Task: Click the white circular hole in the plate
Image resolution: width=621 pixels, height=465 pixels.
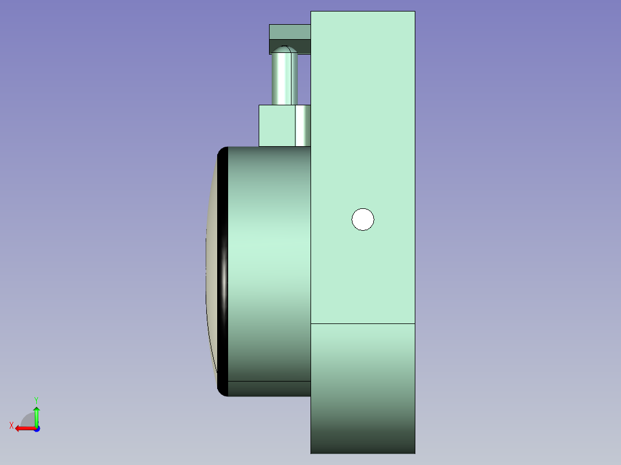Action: point(363,219)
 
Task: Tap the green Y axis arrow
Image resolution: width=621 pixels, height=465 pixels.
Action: point(36,416)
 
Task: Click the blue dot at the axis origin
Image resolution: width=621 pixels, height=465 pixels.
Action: point(37,429)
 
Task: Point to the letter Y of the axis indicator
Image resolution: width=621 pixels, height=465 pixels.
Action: point(36,400)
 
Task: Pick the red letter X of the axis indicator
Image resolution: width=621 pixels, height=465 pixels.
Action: point(12,426)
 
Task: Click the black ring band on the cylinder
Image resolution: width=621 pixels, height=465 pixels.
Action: point(222,272)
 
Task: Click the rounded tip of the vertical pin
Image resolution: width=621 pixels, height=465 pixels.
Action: point(285,49)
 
